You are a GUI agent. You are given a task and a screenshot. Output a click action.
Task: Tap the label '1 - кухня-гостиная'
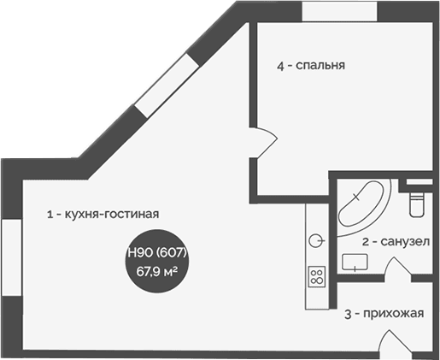[x=103, y=215]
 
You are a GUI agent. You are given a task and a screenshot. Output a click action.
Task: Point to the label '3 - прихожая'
[x=384, y=314]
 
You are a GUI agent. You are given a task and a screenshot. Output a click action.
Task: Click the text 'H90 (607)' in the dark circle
[x=156, y=253]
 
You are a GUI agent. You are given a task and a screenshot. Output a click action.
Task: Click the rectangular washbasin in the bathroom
[x=355, y=261]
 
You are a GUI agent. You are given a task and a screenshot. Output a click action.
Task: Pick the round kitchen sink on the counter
[x=317, y=239]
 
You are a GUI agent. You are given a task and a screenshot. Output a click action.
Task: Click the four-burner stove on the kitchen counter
[x=317, y=277]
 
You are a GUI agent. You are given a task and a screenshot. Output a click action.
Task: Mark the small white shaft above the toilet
[x=419, y=184]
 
